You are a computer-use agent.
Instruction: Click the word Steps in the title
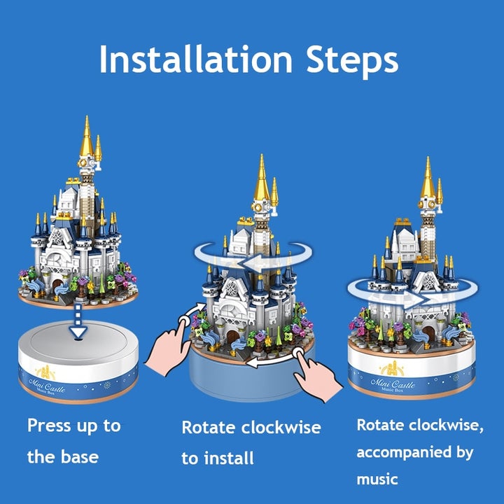click(x=352, y=62)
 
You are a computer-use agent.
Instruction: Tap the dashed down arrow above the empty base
click(x=78, y=321)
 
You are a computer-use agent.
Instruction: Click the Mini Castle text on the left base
click(x=47, y=386)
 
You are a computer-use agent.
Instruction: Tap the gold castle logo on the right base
click(x=391, y=368)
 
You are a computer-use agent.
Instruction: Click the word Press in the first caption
click(x=49, y=425)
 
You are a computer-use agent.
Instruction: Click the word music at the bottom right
click(x=377, y=479)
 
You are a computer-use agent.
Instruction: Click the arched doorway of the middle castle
click(x=232, y=336)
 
